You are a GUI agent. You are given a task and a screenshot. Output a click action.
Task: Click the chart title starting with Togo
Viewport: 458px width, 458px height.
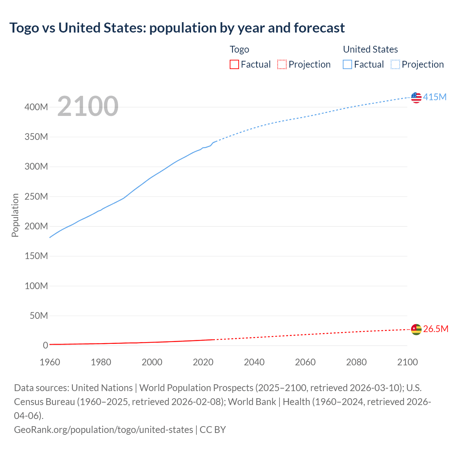click(x=177, y=28)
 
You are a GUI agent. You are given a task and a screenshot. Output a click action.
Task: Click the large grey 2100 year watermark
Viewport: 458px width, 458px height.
click(x=88, y=106)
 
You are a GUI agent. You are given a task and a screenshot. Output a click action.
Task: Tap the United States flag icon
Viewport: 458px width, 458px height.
click(x=416, y=97)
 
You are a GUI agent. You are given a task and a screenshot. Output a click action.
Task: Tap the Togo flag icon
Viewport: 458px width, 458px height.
click(x=416, y=329)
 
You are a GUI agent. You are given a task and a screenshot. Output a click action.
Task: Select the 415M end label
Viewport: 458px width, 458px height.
click(x=435, y=97)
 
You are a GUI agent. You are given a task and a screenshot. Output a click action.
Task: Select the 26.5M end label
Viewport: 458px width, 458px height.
click(x=435, y=329)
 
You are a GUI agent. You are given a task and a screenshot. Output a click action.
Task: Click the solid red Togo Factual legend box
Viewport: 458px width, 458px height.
click(x=234, y=64)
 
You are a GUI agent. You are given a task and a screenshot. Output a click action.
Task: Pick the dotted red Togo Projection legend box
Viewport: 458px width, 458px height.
click(x=282, y=64)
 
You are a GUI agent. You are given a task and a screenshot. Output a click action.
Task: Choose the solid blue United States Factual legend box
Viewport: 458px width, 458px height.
click(x=347, y=64)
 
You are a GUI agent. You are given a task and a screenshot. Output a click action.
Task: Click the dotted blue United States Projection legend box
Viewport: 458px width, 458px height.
click(x=395, y=64)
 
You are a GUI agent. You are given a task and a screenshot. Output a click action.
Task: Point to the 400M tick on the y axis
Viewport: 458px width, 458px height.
click(x=36, y=107)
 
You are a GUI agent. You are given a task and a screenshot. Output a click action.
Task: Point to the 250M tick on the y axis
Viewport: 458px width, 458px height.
click(x=36, y=196)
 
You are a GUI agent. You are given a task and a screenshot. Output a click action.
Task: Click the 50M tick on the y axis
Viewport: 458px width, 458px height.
click(x=39, y=316)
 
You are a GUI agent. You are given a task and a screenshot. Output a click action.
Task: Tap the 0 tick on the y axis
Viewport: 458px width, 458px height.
click(x=45, y=345)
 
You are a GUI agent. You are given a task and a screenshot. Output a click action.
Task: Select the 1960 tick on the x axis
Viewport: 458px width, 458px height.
click(x=50, y=362)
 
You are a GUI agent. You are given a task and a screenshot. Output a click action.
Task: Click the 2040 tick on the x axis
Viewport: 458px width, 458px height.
click(x=254, y=362)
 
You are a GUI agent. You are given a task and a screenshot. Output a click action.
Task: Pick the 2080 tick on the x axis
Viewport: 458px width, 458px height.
click(x=356, y=362)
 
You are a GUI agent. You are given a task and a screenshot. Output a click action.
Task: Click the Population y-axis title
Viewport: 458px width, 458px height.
click(x=15, y=215)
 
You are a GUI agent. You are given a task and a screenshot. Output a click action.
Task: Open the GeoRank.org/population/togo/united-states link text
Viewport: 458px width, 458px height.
click(x=103, y=429)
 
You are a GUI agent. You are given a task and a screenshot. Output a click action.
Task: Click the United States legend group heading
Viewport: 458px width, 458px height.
click(x=370, y=49)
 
